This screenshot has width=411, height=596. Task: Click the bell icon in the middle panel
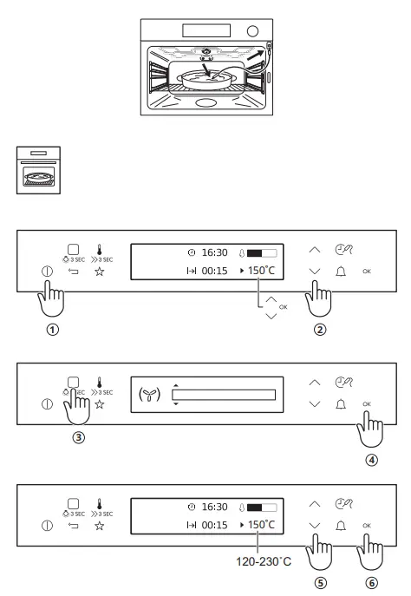pos(342,404)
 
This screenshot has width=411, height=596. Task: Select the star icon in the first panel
pos(98,272)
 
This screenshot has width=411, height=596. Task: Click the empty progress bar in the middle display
pos(224,396)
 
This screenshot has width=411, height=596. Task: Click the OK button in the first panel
pos(368,272)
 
